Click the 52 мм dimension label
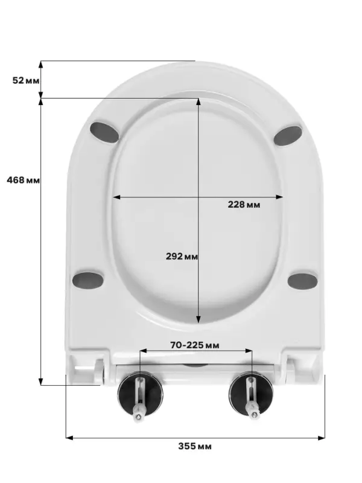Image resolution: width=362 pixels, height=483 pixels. coord(26,80)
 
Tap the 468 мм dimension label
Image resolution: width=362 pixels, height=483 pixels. coord(24,180)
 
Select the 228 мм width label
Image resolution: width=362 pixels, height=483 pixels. coord(244,205)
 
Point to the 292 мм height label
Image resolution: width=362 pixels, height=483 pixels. coord(182,256)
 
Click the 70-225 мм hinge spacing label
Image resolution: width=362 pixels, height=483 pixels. coord(195,345)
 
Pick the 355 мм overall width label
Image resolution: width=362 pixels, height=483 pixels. coord(195,446)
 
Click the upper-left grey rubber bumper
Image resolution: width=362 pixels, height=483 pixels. coord(104,132)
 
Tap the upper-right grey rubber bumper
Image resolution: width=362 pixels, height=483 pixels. coord(288,135)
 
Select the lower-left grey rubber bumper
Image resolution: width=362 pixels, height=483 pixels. coord(88,280)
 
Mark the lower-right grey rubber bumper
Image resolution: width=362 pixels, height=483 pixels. coord(303,281)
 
